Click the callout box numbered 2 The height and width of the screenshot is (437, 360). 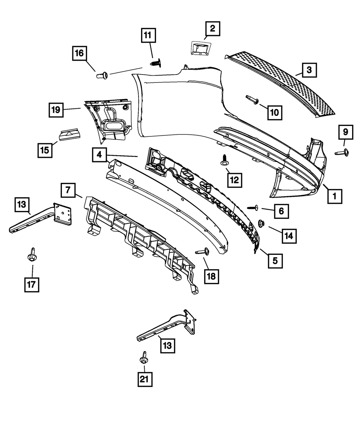pos(212,28)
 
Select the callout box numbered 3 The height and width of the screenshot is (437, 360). pos(309,70)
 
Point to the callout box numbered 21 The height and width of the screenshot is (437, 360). pos(145,379)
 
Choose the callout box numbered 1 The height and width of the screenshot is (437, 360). pos(334,197)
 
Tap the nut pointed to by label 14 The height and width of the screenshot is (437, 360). pos(262,224)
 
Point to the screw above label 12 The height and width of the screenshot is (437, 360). pos(225,161)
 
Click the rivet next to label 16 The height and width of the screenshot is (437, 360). pos(102,75)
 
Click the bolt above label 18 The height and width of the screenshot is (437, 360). pos(203,252)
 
